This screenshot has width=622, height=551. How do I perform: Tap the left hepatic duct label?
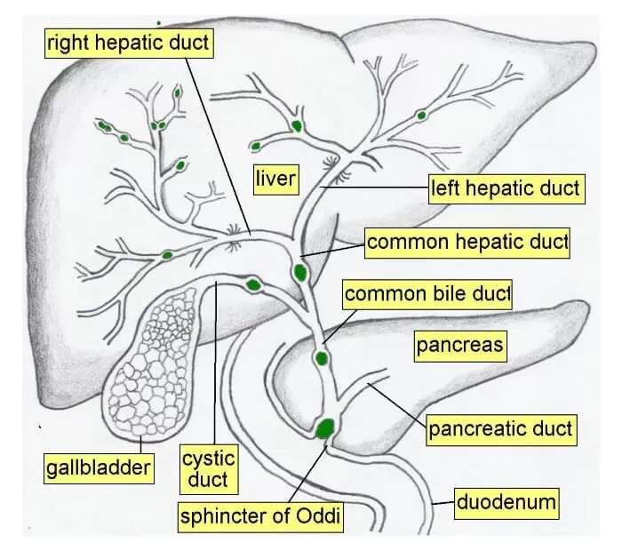click(505, 188)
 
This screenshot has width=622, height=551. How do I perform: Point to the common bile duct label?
click(427, 293)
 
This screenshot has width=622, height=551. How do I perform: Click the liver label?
click(275, 179)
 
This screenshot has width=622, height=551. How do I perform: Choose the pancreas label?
click(460, 345)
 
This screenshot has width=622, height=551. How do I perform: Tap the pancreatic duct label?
click(500, 431)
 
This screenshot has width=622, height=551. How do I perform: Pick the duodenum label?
click(506, 503)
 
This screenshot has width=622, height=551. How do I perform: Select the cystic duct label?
click(209, 470)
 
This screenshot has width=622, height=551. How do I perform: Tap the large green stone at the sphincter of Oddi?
click(326, 427)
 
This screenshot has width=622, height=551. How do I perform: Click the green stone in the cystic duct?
click(253, 284)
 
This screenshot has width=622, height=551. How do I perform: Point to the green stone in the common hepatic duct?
click(301, 269)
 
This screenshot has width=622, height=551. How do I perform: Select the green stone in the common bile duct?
click(320, 360)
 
